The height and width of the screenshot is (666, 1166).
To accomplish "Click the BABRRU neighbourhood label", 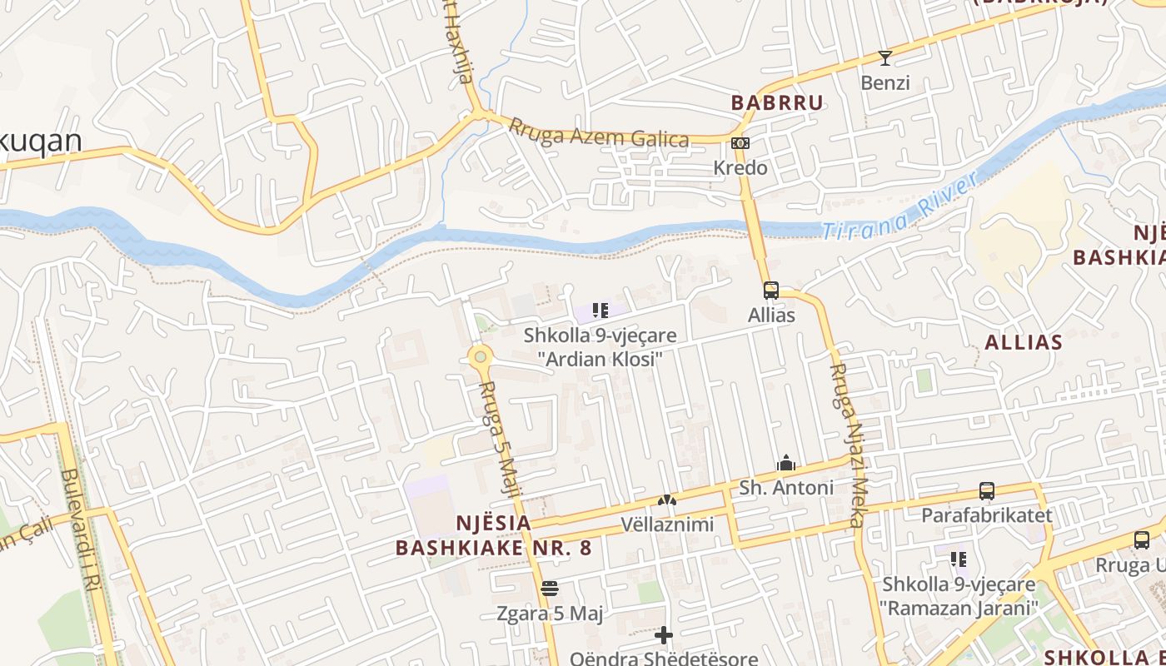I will [777, 102].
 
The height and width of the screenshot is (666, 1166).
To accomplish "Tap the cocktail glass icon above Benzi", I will [884, 58].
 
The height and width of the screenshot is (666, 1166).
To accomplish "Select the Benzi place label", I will [884, 83].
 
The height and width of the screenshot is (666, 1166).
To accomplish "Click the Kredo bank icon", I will [740, 143].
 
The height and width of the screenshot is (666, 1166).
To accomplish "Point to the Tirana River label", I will [899, 207].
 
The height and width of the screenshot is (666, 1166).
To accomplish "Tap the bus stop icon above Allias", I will [771, 291].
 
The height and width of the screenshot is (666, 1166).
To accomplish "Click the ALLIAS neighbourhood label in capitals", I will [1024, 342].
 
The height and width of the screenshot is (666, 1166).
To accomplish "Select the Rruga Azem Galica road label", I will [599, 133].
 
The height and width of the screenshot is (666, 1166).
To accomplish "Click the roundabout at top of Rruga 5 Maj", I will [481, 357].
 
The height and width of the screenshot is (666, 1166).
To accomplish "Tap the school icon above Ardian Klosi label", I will [600, 311].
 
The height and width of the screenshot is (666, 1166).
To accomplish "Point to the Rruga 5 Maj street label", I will [501, 440].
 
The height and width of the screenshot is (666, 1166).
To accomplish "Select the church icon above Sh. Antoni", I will [785, 464].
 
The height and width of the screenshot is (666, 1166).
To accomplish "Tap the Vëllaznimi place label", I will [667, 524].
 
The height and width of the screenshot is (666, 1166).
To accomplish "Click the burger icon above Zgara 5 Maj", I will [548, 589].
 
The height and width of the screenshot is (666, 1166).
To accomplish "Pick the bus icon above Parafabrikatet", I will [987, 491].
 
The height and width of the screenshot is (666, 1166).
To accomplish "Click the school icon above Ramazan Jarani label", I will [959, 559].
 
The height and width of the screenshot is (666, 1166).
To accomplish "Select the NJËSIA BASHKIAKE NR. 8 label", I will [493, 535].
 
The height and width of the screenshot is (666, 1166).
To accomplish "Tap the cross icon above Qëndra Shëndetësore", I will [664, 636].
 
